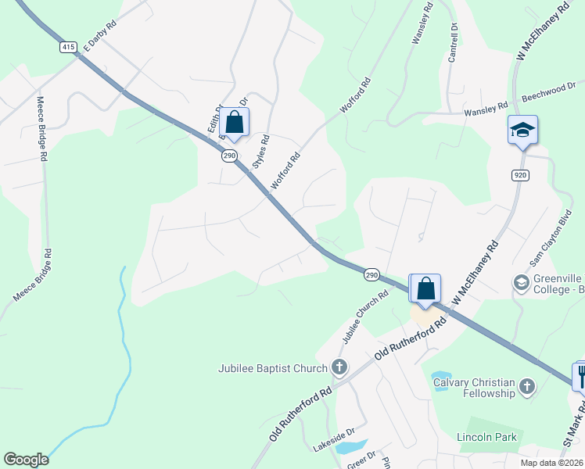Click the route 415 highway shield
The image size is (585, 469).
pos(68,47)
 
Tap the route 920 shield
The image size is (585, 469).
pos(521,174)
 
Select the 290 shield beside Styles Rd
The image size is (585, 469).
pos(229,156)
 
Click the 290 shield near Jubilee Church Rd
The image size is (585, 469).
pos(371,274)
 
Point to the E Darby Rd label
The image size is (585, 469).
pos(99,36)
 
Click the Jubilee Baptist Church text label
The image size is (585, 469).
pos(272,367)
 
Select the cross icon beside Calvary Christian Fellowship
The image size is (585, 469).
pos(528,386)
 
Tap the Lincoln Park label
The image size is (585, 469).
pos(487,437)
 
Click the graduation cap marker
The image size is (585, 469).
pos(522,130)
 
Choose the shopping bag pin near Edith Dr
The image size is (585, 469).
pos(234,123)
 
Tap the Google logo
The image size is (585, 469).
pos(27,460)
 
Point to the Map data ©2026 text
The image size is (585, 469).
pos(551,463)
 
